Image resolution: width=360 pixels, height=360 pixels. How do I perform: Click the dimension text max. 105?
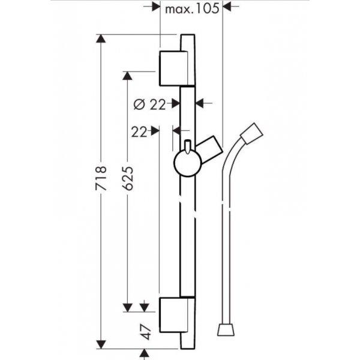pyautogui.click(x=192, y=9)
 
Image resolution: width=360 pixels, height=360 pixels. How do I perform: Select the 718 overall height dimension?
pyautogui.click(x=101, y=178)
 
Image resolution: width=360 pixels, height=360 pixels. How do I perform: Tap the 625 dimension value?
pyautogui.click(x=128, y=178)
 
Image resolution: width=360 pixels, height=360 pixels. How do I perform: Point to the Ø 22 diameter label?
pyautogui.click(x=149, y=104)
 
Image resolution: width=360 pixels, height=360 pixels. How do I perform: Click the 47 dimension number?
pyautogui.click(x=146, y=332)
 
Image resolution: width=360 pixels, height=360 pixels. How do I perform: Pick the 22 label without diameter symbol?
pyautogui.click(x=139, y=132)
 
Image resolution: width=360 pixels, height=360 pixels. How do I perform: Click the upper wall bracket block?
pyautogui.click(x=173, y=68)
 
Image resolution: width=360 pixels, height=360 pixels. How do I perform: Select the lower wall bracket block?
pyautogui.click(x=173, y=315)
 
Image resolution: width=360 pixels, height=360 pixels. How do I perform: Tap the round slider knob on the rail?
pyautogui.click(x=188, y=163)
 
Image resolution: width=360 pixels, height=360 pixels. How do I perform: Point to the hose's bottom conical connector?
pyautogui.click(x=226, y=330)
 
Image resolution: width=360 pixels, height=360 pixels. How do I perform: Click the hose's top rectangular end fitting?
pyautogui.click(x=251, y=134)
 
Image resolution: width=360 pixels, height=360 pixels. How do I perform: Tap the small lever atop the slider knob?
pyautogui.click(x=188, y=146)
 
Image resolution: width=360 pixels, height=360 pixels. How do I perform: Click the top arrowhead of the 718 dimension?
pyautogui.click(x=101, y=38)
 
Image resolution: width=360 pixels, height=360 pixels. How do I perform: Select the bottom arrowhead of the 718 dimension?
pyautogui.click(x=101, y=344)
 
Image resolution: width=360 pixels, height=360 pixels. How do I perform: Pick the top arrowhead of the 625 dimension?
pyautogui.click(x=127, y=76)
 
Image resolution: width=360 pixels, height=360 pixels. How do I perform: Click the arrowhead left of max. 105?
pyautogui.click(x=156, y=6)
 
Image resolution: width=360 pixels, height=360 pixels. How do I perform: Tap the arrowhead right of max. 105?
pyautogui.click(x=227, y=6)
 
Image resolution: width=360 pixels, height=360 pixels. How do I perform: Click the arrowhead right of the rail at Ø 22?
pyautogui.click(x=200, y=104)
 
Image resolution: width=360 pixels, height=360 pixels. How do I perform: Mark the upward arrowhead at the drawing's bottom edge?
pyautogui.click(x=144, y=353)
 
